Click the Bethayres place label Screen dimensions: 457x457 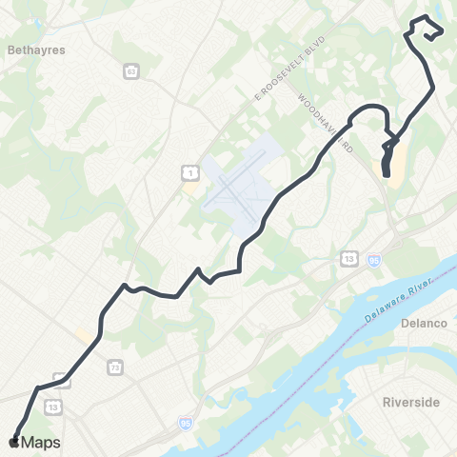click(35, 50)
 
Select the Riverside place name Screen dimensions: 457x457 click(411, 403)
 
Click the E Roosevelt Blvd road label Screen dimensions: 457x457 click(290, 70)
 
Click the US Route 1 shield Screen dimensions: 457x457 click(191, 171)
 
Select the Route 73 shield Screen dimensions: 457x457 click(115, 366)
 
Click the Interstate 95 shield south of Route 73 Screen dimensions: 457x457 click(185, 419)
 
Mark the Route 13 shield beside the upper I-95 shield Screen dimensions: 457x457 click(351, 257)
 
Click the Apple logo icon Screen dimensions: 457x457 click(14, 443)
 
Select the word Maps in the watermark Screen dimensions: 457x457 click(42, 443)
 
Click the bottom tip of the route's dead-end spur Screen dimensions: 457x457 click(386, 173)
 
